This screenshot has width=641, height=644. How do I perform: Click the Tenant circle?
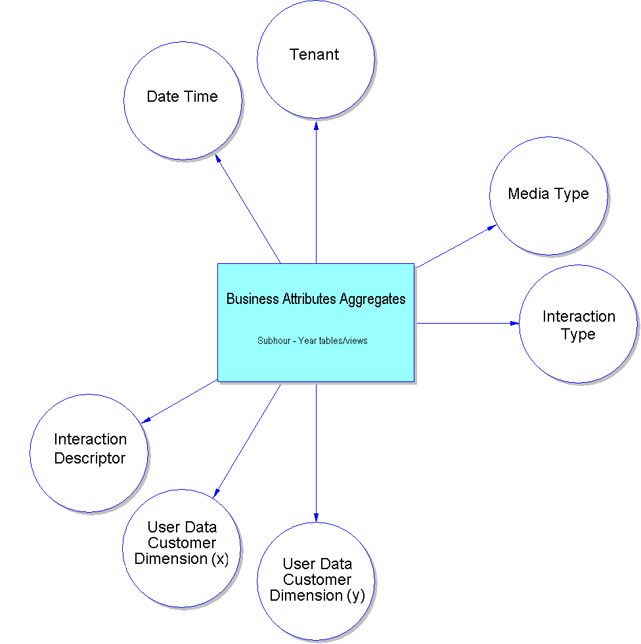tap(316, 59)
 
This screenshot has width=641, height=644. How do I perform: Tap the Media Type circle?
tap(548, 196)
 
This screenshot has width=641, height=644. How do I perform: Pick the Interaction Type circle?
tap(578, 324)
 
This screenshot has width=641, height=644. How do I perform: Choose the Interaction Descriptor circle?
tap(89, 453)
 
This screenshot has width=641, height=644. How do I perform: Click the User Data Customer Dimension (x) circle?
tap(182, 548)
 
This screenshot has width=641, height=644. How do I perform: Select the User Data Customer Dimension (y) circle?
tap(316, 581)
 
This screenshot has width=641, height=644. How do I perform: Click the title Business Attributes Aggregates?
tap(316, 299)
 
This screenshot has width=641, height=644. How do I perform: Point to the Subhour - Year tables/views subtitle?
tap(313, 341)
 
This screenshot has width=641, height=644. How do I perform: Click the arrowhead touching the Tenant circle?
tap(316, 123)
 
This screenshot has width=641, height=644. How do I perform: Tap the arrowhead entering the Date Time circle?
tap(219, 160)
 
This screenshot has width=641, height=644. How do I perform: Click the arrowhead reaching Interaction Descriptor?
tap(146, 421)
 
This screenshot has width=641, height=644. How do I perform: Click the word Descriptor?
tap(89, 458)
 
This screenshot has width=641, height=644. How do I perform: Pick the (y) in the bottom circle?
tap(355, 596)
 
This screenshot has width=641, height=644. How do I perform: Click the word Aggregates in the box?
tap(372, 299)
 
